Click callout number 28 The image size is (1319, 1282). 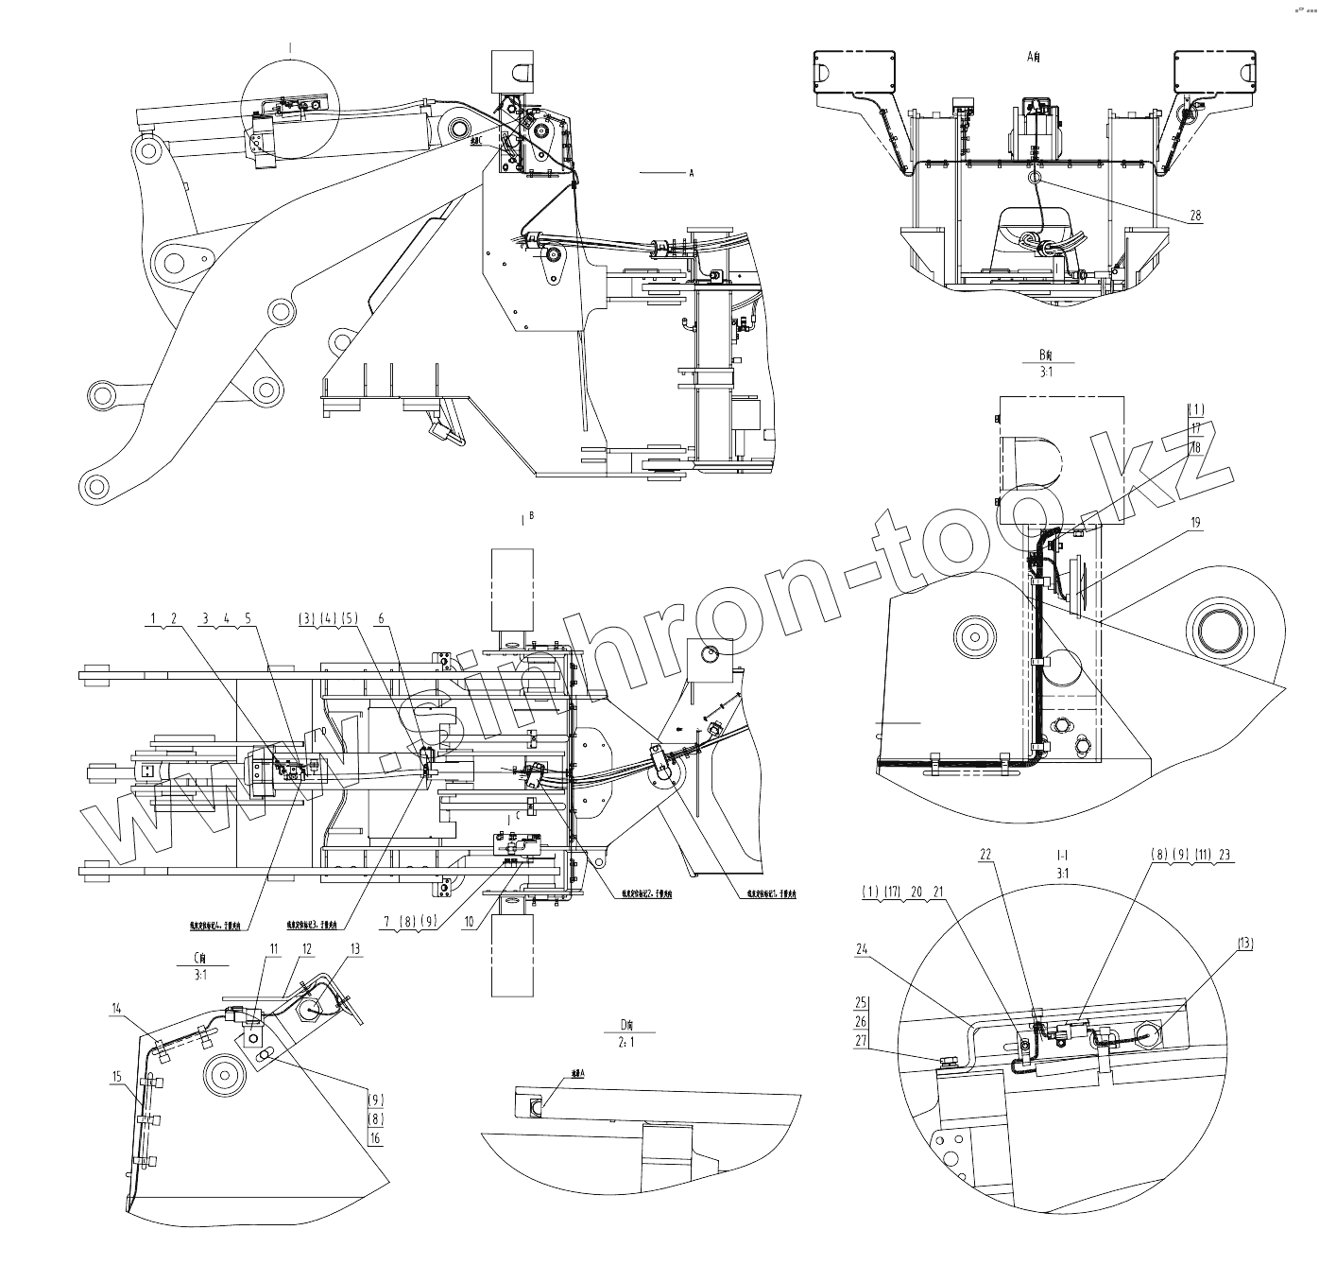(x=1195, y=216)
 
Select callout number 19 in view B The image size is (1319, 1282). (x=1195, y=522)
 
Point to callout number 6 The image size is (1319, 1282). (x=381, y=618)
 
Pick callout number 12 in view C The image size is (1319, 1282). (x=306, y=948)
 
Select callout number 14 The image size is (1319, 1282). (x=116, y=1010)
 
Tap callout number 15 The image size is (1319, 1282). (x=116, y=1076)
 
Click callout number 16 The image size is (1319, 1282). (x=375, y=1139)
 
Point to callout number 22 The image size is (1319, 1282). (x=985, y=854)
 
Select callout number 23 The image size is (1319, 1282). (x=1225, y=854)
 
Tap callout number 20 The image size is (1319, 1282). (x=916, y=892)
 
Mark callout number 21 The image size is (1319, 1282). (x=938, y=892)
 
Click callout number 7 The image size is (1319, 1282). (x=387, y=920)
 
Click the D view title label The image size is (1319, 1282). (x=625, y=1024)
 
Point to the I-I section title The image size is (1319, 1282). (x=1061, y=854)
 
